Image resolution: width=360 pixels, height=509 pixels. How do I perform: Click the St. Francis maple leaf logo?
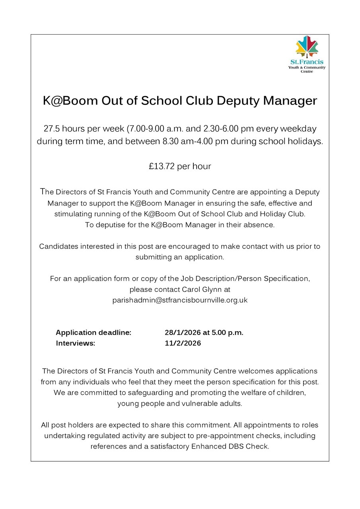[307, 47]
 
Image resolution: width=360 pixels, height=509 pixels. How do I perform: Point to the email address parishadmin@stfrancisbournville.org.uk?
[180, 300]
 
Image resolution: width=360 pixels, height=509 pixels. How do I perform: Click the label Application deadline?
[93, 332]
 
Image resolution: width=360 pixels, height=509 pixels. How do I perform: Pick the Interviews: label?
[76, 343]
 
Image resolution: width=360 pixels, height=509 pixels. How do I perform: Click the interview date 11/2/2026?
[183, 343]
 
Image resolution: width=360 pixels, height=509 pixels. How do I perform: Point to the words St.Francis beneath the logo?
[307, 62]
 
